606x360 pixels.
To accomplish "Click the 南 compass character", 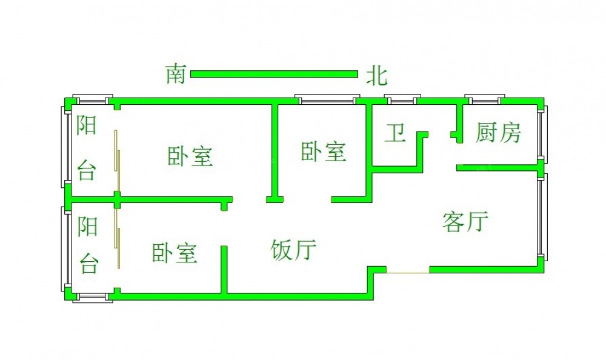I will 176,75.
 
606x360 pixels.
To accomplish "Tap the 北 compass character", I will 376,76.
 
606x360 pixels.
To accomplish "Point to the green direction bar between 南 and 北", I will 274,75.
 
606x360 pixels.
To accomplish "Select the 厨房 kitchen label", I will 498,132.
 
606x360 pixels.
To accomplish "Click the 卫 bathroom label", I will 396,133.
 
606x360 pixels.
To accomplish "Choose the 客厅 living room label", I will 465,222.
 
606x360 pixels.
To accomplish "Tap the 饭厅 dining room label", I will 294,249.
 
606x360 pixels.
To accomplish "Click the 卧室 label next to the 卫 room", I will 324,152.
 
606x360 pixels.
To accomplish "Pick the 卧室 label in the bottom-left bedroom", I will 175,252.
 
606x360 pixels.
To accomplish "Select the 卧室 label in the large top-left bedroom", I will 190,156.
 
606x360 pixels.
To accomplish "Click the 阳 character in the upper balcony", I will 87,125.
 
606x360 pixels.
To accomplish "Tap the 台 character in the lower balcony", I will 88,264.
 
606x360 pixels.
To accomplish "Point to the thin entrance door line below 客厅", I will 408,272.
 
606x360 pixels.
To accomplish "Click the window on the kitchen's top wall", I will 484,98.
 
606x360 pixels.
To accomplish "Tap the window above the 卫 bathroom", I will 401,98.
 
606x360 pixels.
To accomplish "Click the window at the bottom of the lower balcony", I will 93,296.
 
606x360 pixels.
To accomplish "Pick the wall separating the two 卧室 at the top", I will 275,152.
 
